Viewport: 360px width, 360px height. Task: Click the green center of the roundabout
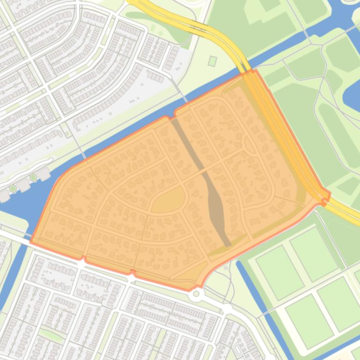196,294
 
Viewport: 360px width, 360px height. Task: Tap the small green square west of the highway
212,61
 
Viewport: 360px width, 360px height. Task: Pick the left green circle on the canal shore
13,188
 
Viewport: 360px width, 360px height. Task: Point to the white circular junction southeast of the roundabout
227,309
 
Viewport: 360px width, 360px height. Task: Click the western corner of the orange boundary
31,242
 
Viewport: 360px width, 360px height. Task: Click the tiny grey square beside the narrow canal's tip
227,268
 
